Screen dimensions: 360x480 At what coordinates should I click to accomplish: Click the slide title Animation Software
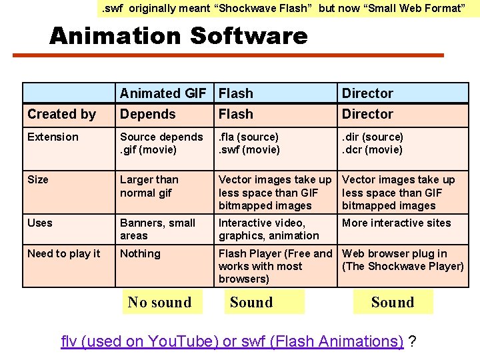178,35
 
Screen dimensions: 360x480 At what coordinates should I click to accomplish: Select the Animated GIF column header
163,93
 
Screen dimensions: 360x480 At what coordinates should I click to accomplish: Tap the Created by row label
61,114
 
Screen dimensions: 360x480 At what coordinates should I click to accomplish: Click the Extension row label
53,137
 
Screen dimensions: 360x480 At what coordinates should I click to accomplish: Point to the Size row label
38,179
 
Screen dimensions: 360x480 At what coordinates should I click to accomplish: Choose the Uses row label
39,223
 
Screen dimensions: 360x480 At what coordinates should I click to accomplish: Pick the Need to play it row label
64,253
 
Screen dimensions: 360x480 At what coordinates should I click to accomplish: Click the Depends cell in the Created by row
147,114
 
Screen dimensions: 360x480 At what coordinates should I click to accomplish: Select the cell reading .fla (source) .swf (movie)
249,143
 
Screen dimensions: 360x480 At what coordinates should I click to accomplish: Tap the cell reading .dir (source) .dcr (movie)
373,143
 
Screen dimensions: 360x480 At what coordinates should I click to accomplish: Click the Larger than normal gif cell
149,186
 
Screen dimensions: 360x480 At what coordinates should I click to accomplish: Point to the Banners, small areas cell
158,229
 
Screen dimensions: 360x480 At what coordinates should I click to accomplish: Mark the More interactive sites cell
396,223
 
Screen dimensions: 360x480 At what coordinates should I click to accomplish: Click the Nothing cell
140,253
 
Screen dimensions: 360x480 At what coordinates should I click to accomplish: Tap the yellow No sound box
159,302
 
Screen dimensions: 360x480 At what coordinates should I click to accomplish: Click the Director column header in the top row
367,93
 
